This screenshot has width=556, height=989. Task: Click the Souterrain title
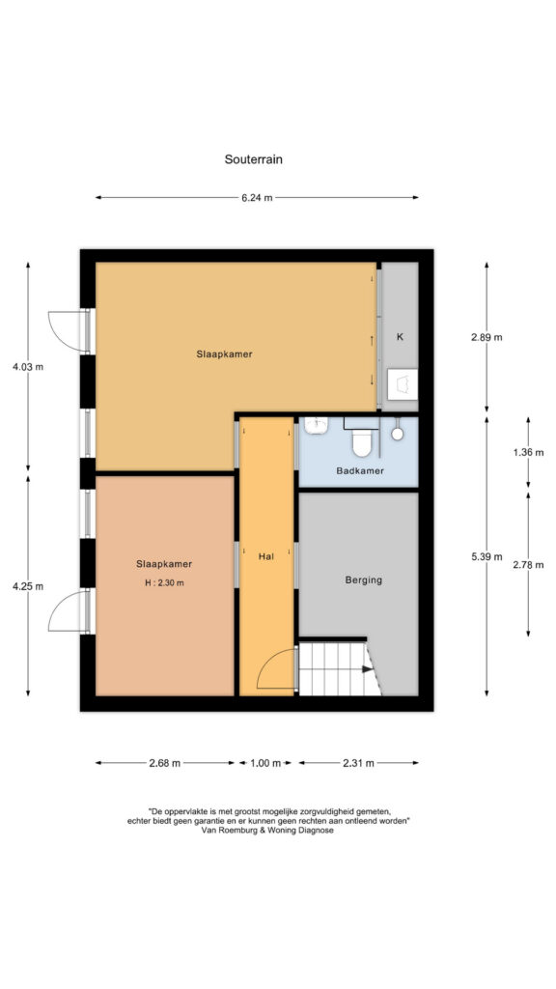[x=254, y=159]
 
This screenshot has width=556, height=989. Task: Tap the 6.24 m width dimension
[x=257, y=197]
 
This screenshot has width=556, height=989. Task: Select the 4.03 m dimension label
[x=28, y=366]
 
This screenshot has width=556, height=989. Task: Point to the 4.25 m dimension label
[x=28, y=586]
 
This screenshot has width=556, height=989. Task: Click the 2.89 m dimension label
[x=486, y=337]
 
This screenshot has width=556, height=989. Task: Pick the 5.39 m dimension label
[x=486, y=556]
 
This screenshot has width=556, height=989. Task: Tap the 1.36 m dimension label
[x=528, y=452]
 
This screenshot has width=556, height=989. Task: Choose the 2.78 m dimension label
[x=528, y=564]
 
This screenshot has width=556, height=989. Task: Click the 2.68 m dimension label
[x=164, y=763]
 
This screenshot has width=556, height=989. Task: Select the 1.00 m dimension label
[x=265, y=763]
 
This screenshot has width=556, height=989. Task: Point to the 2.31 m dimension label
[x=358, y=763]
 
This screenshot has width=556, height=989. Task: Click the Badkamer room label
[x=360, y=470]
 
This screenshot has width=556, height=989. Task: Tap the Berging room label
[x=364, y=580]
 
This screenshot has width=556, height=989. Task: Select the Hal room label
[x=266, y=557]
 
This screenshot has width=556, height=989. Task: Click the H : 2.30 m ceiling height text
[x=164, y=582]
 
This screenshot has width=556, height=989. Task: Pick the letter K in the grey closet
[x=400, y=337]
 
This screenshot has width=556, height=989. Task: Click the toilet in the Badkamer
[x=362, y=442]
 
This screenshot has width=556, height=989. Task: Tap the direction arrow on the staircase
[x=368, y=670]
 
